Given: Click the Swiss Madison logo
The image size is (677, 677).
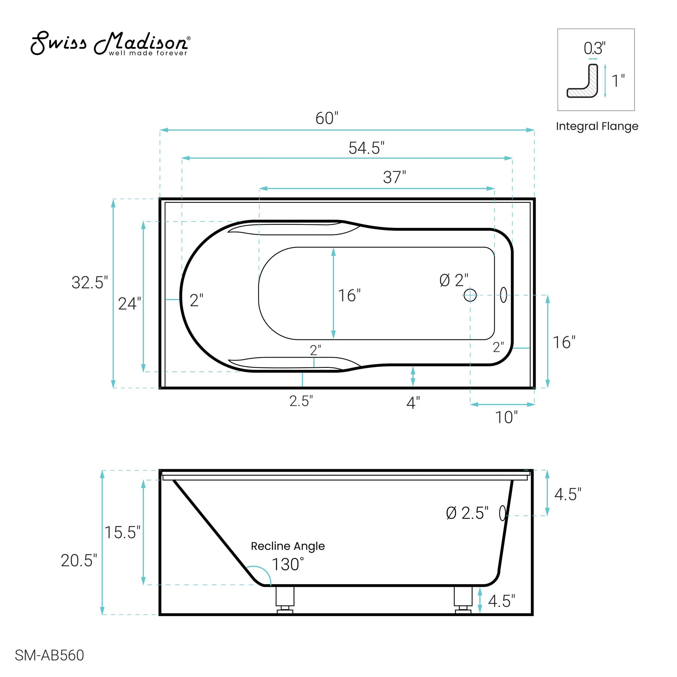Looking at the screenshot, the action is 110,44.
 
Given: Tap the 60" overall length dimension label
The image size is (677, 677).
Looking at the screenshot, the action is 327,118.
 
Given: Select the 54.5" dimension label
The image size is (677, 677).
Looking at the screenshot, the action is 366,148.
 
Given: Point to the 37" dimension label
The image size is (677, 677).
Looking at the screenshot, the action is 394,177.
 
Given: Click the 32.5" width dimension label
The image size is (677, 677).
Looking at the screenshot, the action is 90,282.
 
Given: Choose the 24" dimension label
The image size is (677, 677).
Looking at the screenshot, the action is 130,303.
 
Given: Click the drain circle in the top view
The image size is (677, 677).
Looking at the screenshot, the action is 470,295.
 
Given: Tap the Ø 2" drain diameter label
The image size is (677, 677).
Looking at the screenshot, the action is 454,280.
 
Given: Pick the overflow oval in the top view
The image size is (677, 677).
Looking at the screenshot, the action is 503,295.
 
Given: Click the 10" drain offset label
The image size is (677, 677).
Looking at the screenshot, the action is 506,417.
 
